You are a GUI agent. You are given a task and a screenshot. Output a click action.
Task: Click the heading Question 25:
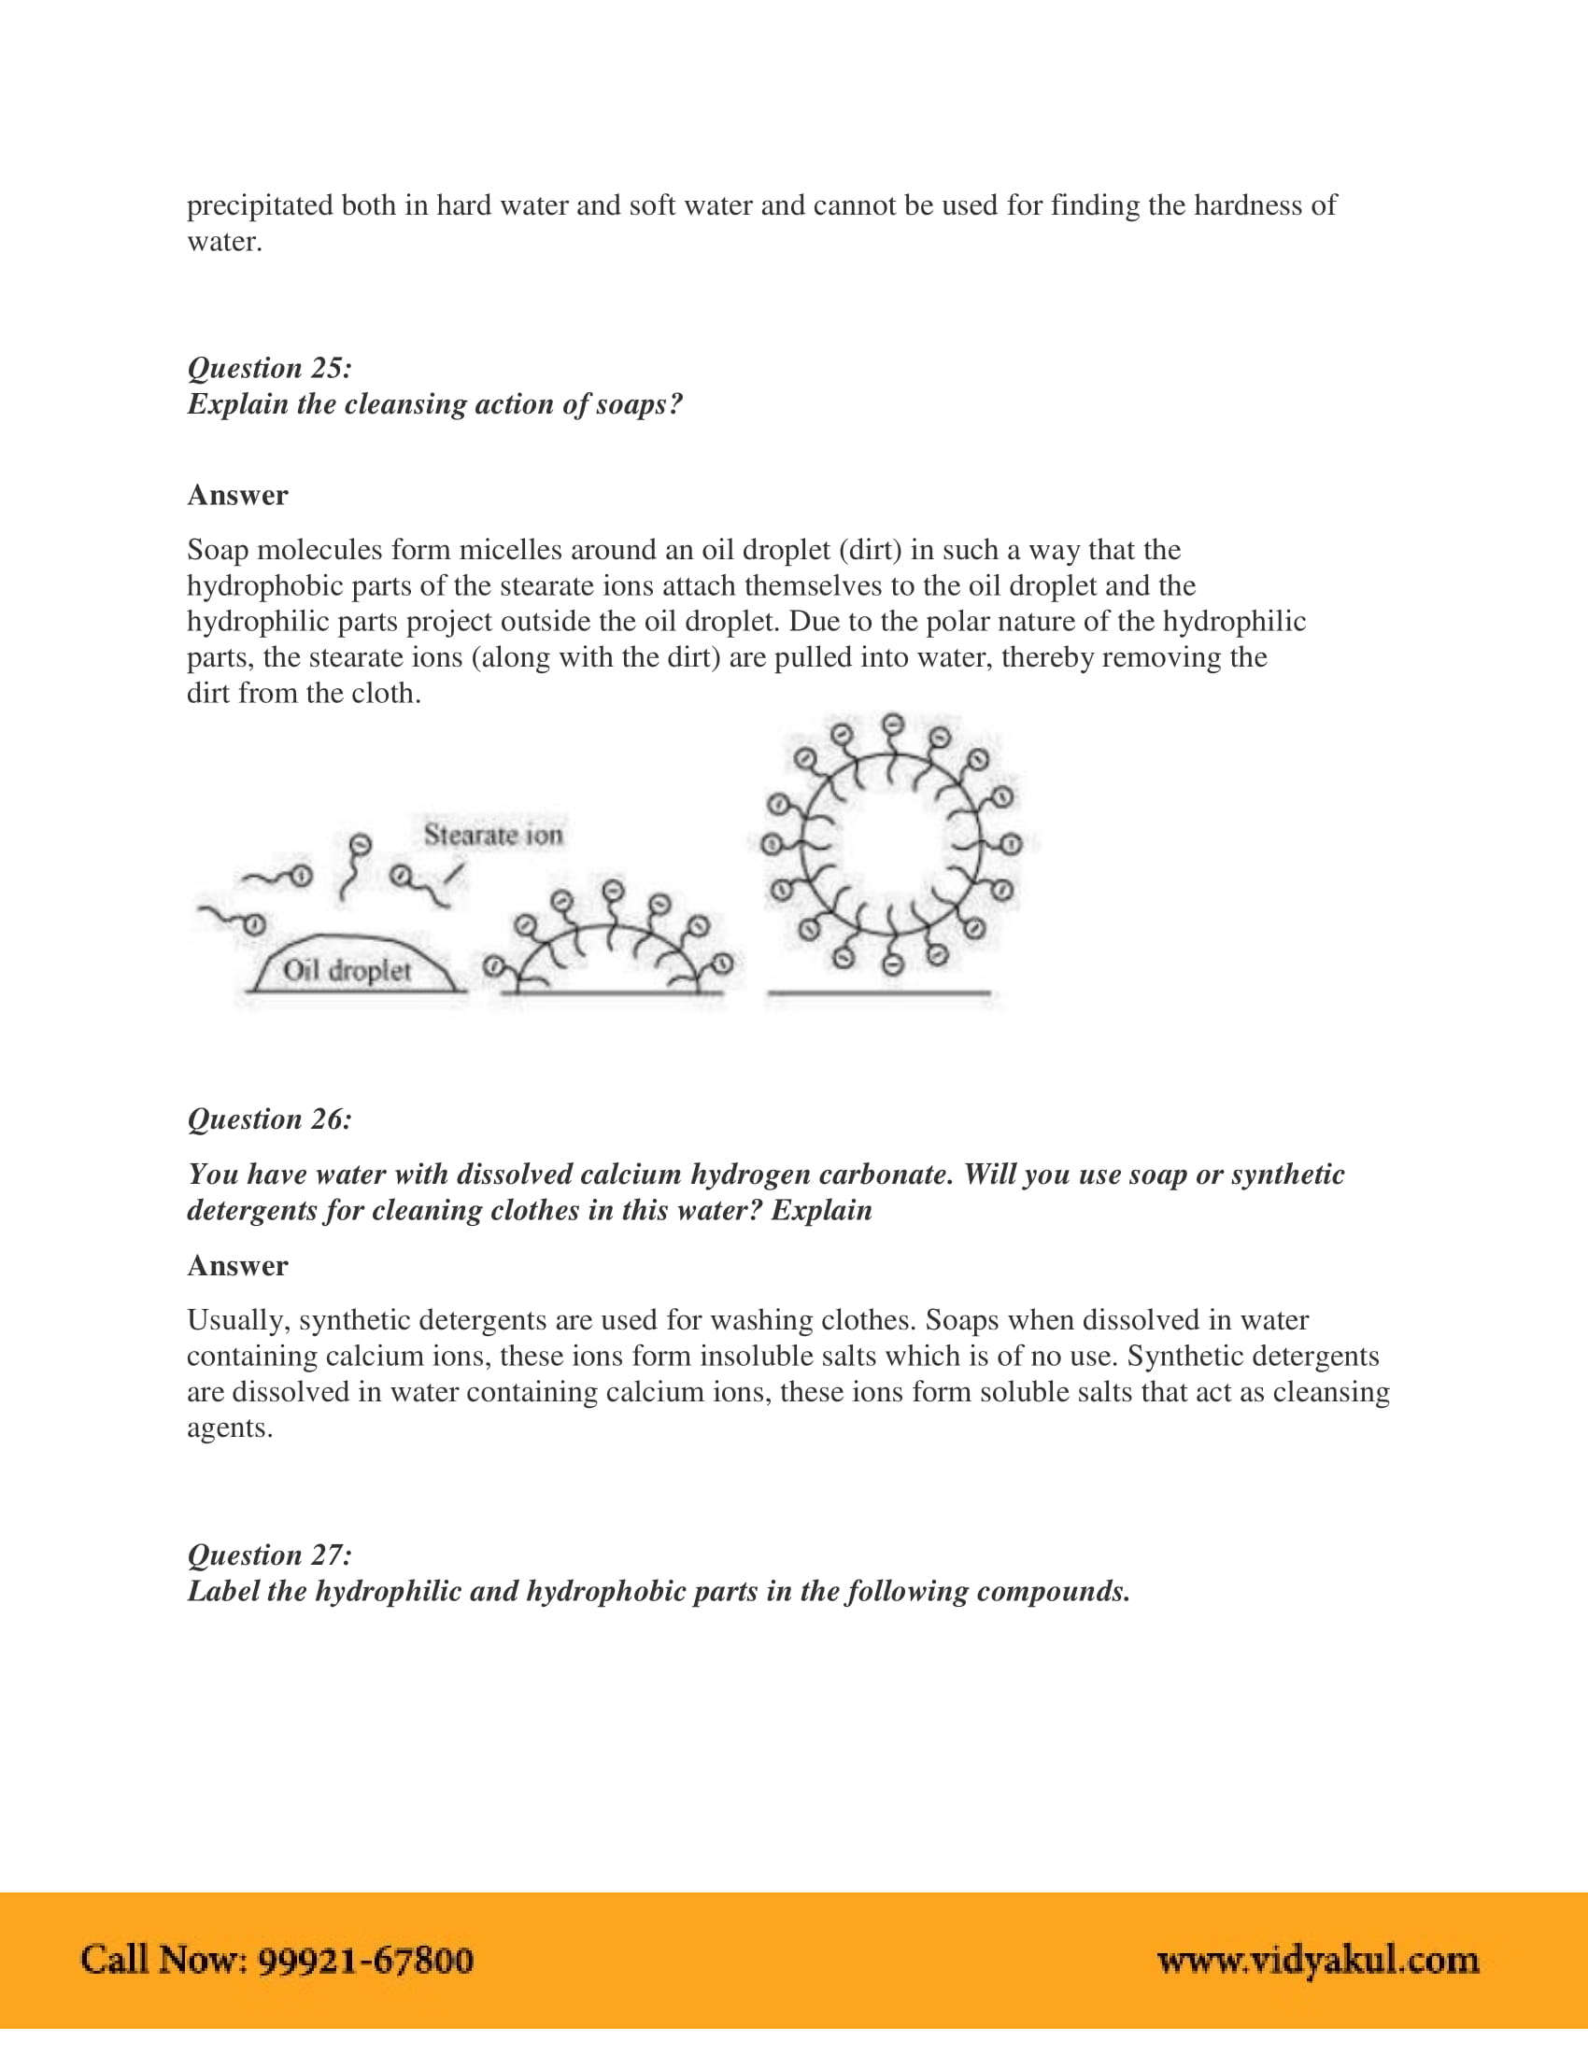coord(269,368)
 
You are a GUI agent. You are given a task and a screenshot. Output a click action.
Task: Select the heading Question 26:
coord(269,1119)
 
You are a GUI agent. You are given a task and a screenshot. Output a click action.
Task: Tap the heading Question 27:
coord(269,1555)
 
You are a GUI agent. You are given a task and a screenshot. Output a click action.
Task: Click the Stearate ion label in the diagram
coord(493,834)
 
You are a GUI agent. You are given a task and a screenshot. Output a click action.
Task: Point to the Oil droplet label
coord(347,970)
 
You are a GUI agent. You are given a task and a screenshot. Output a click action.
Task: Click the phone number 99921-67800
coord(365,1960)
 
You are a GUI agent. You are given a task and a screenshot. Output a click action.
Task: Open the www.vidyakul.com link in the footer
coord(1318,1960)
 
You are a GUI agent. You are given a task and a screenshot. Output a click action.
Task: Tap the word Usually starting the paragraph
coord(238,1320)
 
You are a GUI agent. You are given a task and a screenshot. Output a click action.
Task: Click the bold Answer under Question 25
coord(237,496)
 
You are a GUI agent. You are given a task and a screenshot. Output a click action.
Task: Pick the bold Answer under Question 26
coord(237,1266)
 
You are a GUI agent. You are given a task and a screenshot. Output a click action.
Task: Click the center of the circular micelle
coord(891,845)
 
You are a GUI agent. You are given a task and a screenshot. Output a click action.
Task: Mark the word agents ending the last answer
coord(229,1428)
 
